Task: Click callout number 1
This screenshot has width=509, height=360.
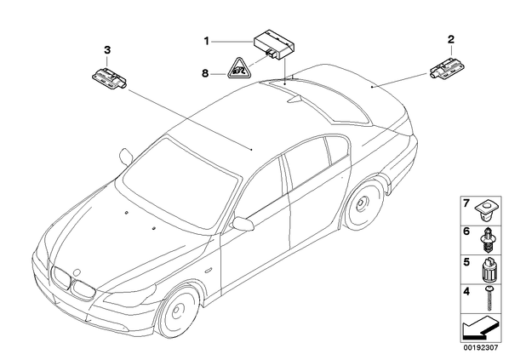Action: (x=206, y=42)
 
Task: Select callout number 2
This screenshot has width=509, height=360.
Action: (x=451, y=40)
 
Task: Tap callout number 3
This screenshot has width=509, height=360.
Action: (x=107, y=50)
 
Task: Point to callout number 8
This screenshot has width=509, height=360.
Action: (x=205, y=73)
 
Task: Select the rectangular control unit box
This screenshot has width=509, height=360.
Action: (x=275, y=45)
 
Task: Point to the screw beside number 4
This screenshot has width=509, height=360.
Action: (x=489, y=298)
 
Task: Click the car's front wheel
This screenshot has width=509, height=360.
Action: (x=177, y=311)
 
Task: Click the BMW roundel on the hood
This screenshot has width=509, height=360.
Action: (x=77, y=271)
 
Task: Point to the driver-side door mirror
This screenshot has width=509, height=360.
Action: (x=243, y=224)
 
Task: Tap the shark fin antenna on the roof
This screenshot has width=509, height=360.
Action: (x=295, y=98)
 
